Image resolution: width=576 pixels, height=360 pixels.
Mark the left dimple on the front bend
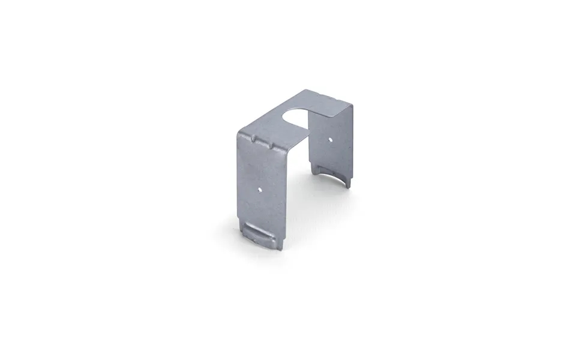point(255,139)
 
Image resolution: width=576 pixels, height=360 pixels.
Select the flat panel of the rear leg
point(330,150)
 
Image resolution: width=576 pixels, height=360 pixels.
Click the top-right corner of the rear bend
point(353,106)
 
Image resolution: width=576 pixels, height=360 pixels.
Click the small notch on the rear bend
point(331,98)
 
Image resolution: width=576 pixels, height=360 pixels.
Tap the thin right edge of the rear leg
point(352,144)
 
